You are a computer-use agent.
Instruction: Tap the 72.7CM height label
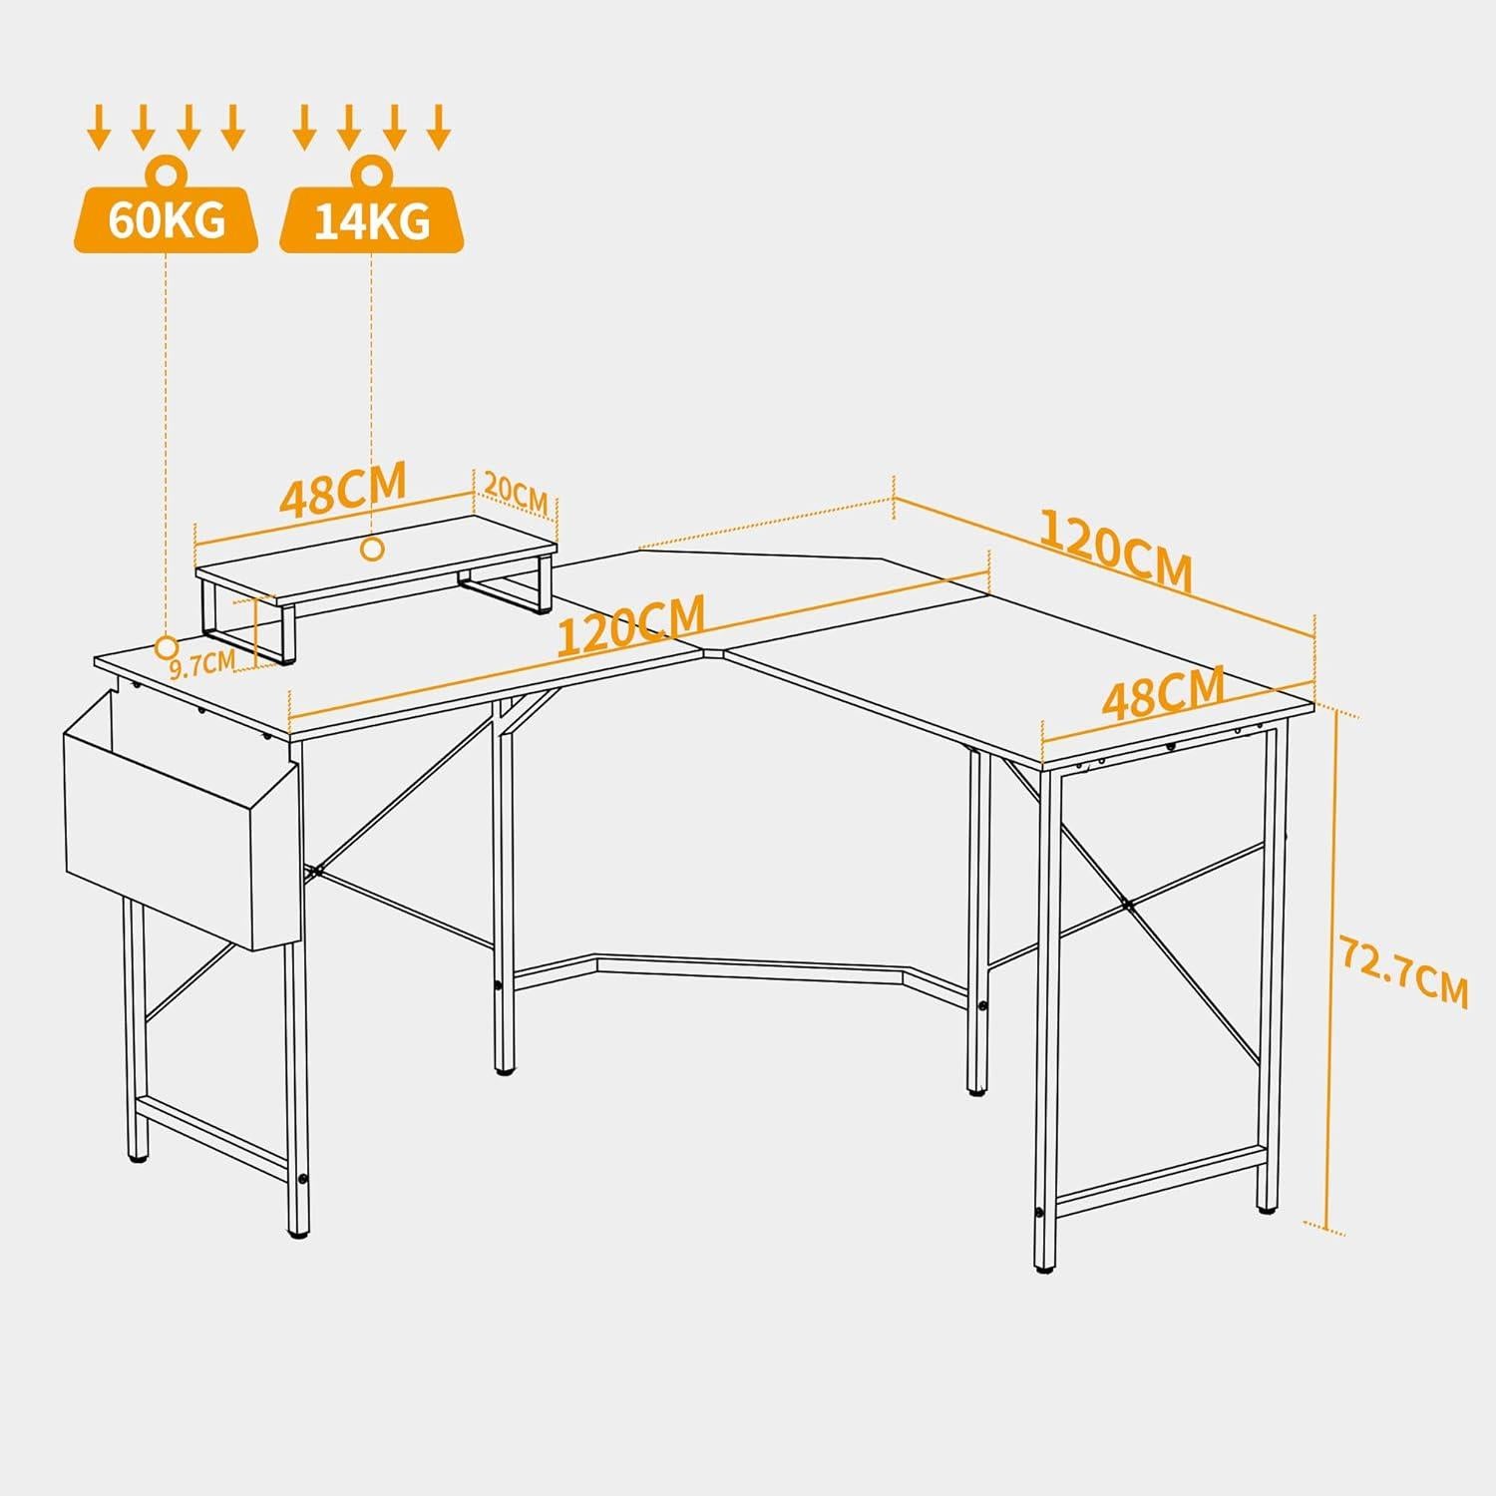tap(1403, 971)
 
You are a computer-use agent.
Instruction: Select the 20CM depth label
tap(515, 492)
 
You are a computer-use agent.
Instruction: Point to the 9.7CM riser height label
tap(201, 661)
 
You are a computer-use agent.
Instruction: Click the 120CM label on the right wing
tap(1115, 550)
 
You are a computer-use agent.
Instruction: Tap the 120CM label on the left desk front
tap(630, 625)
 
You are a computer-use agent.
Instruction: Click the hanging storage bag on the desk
tap(181, 818)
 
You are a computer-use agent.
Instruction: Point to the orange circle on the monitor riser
tap(373, 549)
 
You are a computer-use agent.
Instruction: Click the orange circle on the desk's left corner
tap(166, 647)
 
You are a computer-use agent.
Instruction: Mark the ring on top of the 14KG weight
tap(371, 172)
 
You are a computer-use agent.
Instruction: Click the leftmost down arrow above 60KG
tap(99, 128)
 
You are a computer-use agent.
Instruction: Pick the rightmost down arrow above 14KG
tap(439, 128)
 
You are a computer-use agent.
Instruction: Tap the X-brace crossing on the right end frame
tap(1124, 903)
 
